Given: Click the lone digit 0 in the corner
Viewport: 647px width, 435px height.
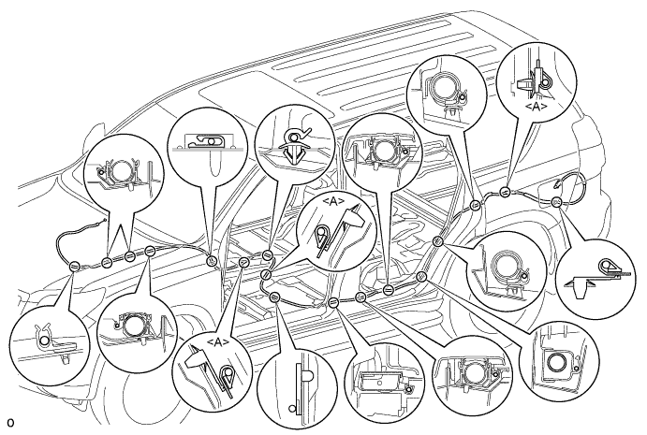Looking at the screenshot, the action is [10, 423].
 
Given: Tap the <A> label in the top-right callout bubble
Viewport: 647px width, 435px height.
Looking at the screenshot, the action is [536, 107].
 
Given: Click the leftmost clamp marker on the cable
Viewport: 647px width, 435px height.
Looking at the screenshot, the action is [74, 267].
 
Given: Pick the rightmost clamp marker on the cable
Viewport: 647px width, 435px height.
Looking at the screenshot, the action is [556, 202].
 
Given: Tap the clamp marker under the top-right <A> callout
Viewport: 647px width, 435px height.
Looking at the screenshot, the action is [505, 192].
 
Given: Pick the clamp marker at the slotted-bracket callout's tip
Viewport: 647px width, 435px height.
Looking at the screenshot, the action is [212, 261].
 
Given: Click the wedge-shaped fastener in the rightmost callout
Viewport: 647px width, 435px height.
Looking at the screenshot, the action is [581, 287].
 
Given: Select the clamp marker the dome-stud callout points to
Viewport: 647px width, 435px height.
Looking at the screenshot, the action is [274, 297].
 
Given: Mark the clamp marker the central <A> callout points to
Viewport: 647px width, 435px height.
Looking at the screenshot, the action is [266, 274].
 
